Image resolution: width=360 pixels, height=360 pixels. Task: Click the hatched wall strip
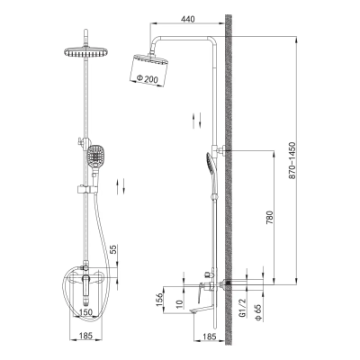(229, 180)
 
